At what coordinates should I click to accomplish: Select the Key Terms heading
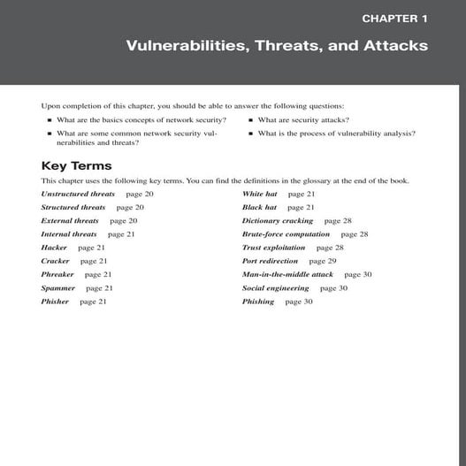[76, 165]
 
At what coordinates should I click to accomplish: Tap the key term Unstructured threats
[78, 194]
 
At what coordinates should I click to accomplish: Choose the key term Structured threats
[73, 207]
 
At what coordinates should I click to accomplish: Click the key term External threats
[70, 220]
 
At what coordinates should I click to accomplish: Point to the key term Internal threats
[69, 234]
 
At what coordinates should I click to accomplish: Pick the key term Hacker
[54, 248]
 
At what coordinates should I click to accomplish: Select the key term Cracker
[55, 261]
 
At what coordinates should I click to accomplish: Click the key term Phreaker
[57, 274]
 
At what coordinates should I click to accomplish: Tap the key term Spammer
[57, 287]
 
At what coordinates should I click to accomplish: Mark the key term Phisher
[55, 302]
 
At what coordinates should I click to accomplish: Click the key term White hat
[259, 194]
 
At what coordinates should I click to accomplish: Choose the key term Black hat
[259, 207]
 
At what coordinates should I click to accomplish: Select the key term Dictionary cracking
[278, 220]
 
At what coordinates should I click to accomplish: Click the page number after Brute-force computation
[355, 234]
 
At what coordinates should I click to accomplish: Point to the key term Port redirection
[270, 261]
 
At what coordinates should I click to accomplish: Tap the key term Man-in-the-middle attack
[287, 274]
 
